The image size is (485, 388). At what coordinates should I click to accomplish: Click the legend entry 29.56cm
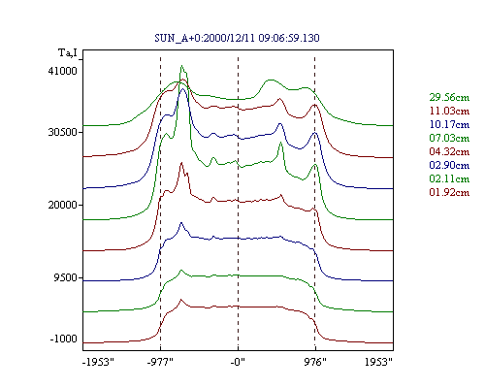(x=449, y=97)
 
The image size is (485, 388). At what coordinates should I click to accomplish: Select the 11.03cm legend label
(x=449, y=111)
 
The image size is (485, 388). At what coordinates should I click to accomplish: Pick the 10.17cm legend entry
(x=449, y=124)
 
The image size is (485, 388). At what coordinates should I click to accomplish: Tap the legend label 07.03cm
(x=449, y=138)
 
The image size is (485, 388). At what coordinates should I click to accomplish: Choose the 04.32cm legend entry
(x=449, y=151)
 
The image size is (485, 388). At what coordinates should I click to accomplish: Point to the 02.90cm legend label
(x=449, y=165)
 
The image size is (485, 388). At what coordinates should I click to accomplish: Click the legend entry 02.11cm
(x=449, y=178)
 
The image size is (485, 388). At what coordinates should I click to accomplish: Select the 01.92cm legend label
(x=449, y=192)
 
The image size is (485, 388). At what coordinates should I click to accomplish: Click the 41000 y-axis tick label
(x=63, y=71)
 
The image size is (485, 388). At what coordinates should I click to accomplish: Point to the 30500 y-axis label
(x=63, y=132)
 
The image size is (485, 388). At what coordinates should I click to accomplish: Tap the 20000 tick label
(x=63, y=205)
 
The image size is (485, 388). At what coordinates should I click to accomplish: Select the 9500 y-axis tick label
(x=66, y=277)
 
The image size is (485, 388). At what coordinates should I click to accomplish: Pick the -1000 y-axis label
(x=64, y=339)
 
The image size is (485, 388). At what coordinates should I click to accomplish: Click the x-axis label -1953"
(x=98, y=362)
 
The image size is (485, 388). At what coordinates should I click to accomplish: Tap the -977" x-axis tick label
(x=160, y=362)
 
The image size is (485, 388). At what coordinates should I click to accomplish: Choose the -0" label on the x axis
(x=238, y=362)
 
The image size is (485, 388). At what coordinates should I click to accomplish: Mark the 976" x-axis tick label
(x=315, y=362)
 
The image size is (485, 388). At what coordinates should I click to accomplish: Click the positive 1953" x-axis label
(x=378, y=362)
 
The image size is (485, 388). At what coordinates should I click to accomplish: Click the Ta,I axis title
(x=68, y=52)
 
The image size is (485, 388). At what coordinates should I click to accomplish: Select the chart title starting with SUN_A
(x=237, y=38)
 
